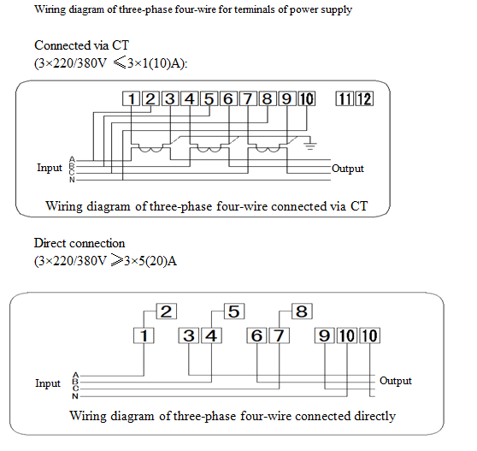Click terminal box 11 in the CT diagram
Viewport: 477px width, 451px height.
point(344,98)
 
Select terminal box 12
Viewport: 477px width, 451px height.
point(364,98)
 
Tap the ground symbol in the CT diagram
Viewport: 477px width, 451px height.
point(310,145)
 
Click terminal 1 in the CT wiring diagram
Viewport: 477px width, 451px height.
point(131,98)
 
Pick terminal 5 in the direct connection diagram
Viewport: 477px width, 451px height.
point(234,312)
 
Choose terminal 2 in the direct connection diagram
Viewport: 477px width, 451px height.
point(167,312)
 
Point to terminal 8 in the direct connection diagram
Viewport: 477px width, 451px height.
point(302,312)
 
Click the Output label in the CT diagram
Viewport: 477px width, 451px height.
point(347,169)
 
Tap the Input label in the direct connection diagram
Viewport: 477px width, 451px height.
point(48,383)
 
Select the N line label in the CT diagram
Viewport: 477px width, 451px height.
point(72,180)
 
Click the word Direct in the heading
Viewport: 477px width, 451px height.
point(50,243)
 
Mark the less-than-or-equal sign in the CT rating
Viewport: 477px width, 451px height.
point(120,63)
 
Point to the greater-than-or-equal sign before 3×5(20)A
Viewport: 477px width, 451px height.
point(117,260)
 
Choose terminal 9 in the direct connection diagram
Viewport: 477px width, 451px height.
point(325,335)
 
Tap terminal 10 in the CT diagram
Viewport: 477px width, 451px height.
point(306,98)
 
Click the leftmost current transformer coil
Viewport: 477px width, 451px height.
point(150,149)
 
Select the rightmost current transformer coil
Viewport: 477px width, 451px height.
point(268,149)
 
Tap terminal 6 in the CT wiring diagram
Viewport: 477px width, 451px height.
point(228,98)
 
